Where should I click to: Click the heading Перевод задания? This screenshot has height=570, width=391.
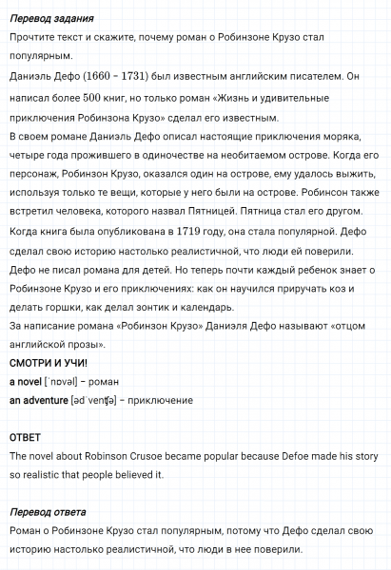coord(47,18)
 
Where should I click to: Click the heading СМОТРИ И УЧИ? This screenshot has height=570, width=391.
coord(48,363)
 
